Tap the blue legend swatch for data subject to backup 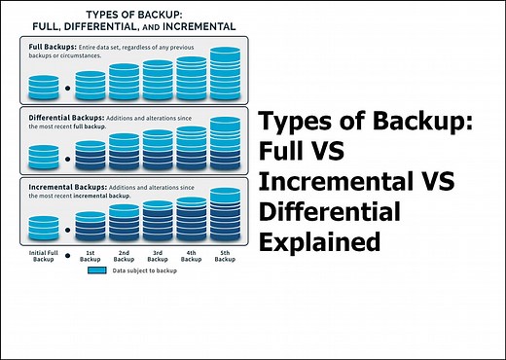tap(96, 273)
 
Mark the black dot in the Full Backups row tap(67, 89)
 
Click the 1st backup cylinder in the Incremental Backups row tap(90, 225)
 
